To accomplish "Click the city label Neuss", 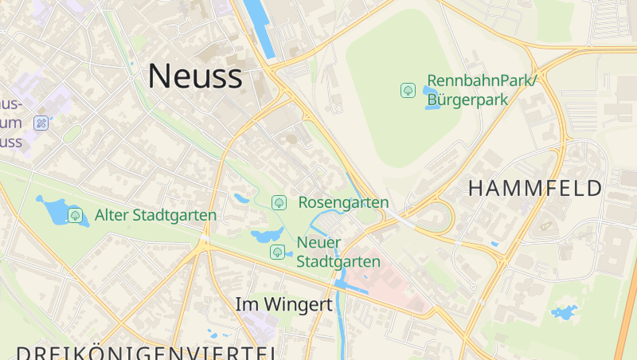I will [x=195, y=76].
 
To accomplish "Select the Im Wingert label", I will [x=283, y=304].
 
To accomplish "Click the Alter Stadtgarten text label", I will [x=155, y=215].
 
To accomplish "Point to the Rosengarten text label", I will [x=343, y=203].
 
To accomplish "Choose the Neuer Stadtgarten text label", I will [x=338, y=252].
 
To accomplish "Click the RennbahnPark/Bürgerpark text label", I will [x=483, y=90].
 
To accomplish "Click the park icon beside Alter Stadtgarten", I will [x=76, y=215].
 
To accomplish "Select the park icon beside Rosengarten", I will [x=279, y=203].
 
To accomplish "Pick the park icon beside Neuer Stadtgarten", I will [x=277, y=252].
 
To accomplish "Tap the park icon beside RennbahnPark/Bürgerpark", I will [x=408, y=90].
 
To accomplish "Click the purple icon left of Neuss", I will [x=41, y=123].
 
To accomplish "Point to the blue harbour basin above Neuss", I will [x=259, y=28].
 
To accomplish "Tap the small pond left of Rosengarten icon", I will [x=241, y=198].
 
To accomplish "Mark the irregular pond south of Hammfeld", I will [x=565, y=312].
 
